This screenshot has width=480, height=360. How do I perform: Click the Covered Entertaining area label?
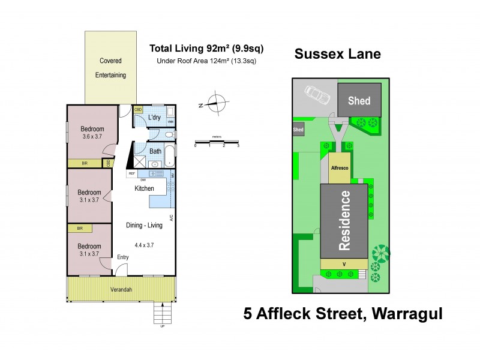click(110, 68)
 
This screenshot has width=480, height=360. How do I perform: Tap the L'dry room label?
click(155, 118)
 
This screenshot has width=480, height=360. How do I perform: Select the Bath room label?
click(155, 151)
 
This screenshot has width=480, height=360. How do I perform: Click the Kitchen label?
click(144, 188)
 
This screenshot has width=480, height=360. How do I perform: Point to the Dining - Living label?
click(144, 226)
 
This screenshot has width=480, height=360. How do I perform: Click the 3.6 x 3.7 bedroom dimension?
click(92, 137)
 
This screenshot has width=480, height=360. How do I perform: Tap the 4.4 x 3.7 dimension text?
click(144, 244)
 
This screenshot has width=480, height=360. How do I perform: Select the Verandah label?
click(121, 290)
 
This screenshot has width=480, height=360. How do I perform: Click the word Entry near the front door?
click(123, 257)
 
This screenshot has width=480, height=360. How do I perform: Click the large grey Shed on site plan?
click(360, 101)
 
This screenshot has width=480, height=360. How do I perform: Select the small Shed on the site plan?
click(298, 130)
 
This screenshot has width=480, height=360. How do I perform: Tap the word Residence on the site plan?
click(345, 220)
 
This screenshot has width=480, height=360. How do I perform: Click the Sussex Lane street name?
click(337, 54)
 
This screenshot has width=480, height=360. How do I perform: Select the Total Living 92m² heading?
click(206, 48)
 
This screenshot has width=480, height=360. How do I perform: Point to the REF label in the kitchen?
click(131, 173)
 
